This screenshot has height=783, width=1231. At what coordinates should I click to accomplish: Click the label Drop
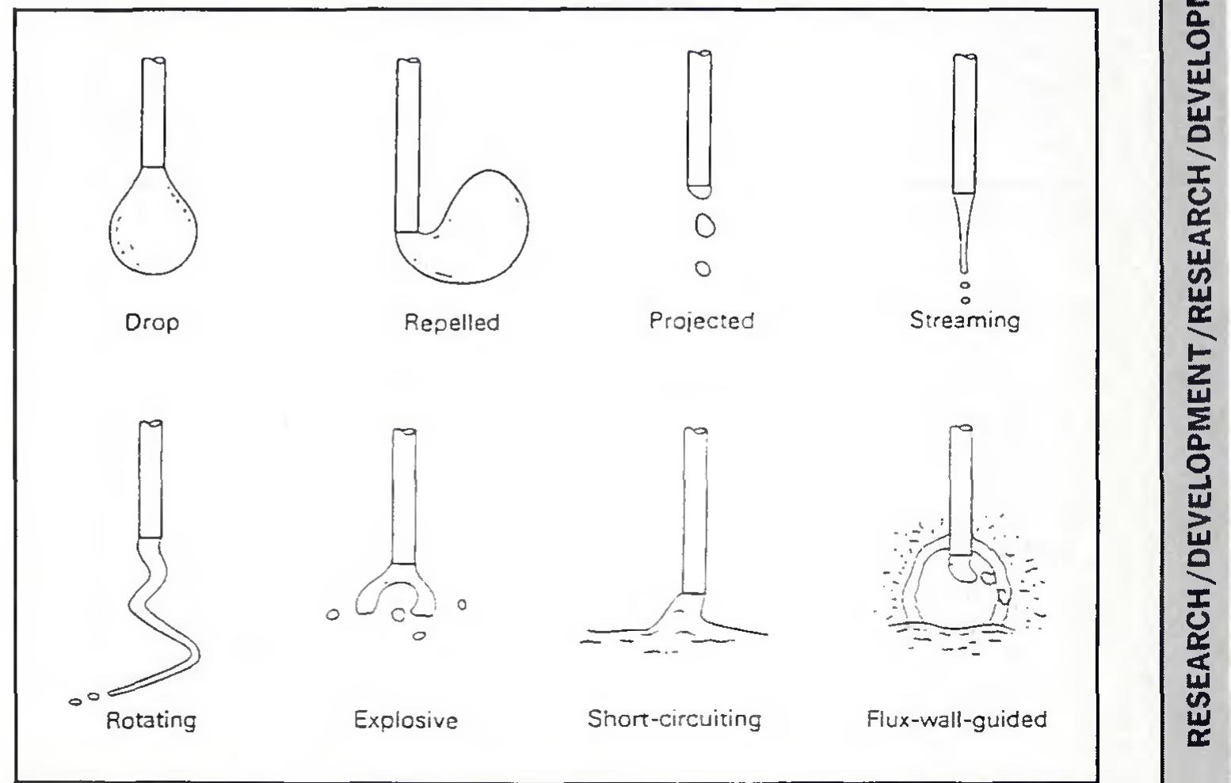tap(152, 323)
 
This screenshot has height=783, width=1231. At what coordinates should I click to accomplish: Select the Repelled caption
tap(452, 323)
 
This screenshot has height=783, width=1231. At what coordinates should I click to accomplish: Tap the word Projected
tap(701, 321)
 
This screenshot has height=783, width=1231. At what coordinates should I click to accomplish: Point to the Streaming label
tap(964, 321)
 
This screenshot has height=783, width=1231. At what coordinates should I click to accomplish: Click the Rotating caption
tap(151, 720)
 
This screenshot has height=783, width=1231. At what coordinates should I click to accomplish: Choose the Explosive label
tap(406, 720)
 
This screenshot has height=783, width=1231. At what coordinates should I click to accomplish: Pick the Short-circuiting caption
tap(674, 719)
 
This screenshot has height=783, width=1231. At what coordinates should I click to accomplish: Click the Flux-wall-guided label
tap(957, 719)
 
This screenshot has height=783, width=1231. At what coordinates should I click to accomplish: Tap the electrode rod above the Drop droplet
tap(153, 111)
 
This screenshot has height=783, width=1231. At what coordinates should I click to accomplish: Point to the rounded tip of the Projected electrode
tap(698, 190)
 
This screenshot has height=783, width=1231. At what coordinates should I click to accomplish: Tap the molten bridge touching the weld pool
tap(681, 614)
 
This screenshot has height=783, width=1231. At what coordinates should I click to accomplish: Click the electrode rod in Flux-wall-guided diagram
tap(960, 491)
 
